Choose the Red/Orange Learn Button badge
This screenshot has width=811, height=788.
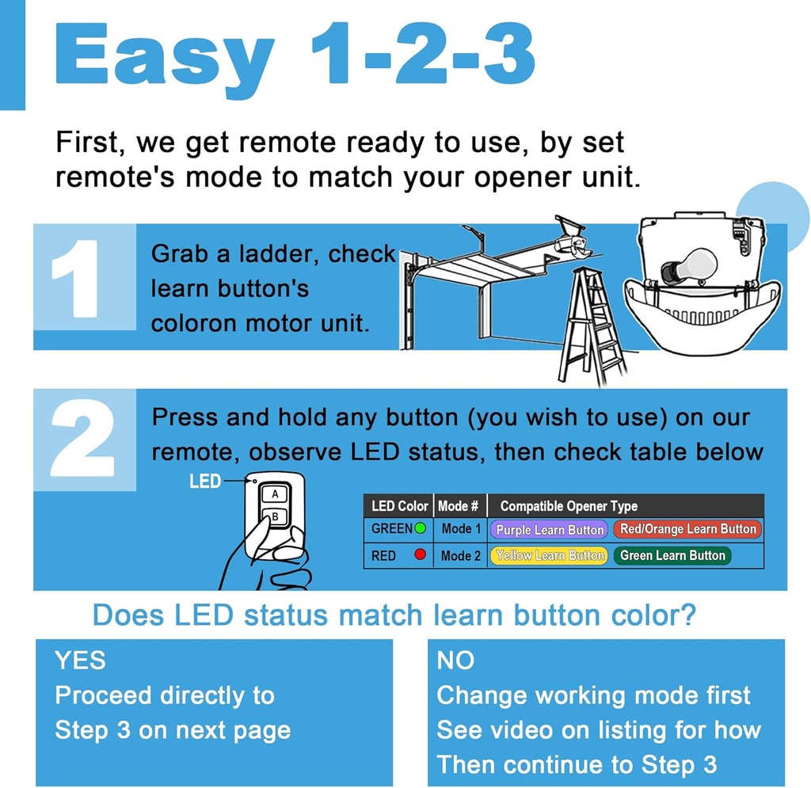click(687, 529)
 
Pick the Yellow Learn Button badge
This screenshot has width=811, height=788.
click(550, 556)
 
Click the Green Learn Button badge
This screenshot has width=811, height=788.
click(672, 556)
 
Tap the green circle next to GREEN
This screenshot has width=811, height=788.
click(421, 528)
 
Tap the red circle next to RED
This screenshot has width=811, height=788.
click(421, 555)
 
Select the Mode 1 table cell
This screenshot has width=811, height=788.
click(461, 529)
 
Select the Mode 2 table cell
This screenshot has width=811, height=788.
click(461, 556)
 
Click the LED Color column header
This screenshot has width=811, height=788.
click(400, 505)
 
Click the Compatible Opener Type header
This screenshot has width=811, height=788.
click(569, 505)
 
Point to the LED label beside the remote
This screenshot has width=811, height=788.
click(205, 481)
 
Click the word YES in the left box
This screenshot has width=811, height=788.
click(80, 660)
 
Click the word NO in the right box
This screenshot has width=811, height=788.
click(455, 660)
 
